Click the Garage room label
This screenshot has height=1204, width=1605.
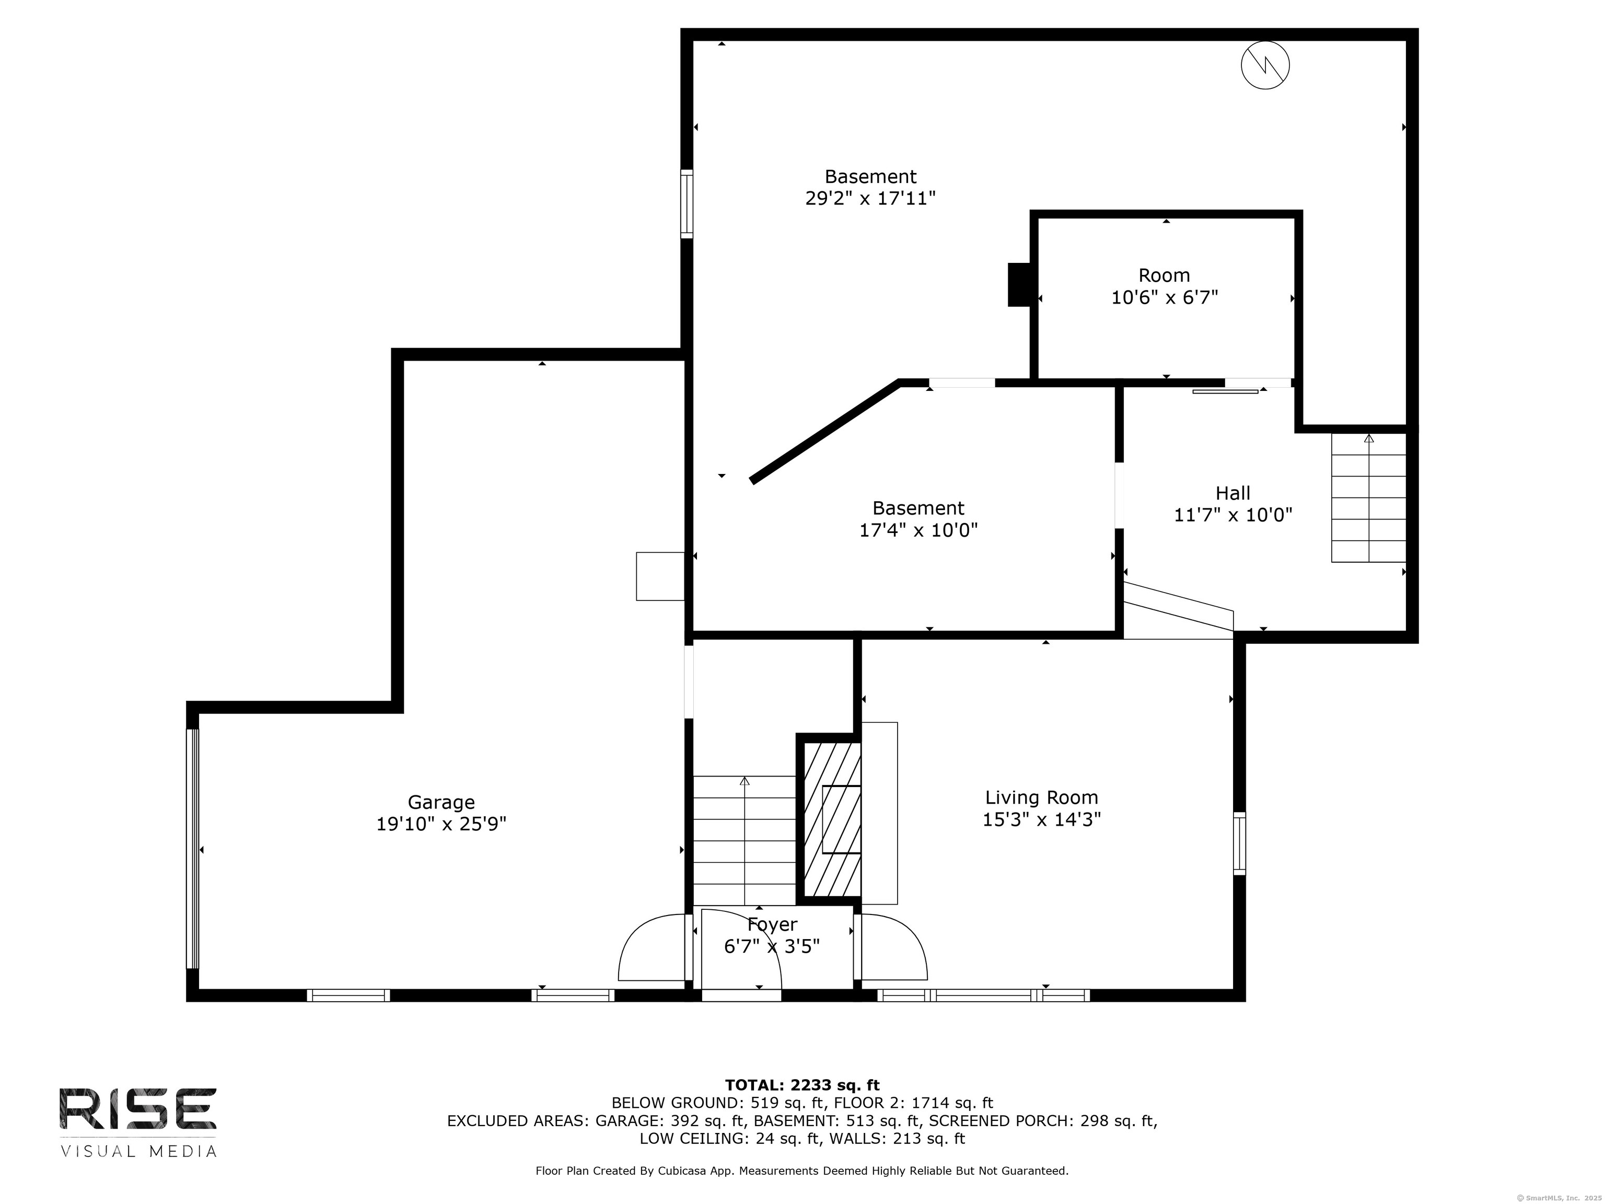(441, 802)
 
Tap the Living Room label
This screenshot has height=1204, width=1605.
(1041, 797)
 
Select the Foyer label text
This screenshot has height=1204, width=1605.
(772, 924)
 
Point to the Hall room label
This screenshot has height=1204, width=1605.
(1233, 493)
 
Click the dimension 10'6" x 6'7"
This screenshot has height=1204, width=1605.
(1165, 297)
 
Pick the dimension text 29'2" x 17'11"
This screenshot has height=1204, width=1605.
(871, 198)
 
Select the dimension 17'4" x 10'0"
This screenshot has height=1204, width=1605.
(918, 530)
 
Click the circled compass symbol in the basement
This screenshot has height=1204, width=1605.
(1265, 65)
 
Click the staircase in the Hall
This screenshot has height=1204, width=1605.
(1368, 498)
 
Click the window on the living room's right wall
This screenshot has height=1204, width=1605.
(1239, 843)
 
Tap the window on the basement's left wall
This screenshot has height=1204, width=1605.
(687, 204)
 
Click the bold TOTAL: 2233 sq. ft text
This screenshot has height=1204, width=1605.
(802, 1085)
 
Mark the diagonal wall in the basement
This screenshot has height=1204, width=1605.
(825, 431)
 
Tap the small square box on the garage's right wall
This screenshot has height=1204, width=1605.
(660, 576)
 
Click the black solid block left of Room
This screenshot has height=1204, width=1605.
(1019, 284)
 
